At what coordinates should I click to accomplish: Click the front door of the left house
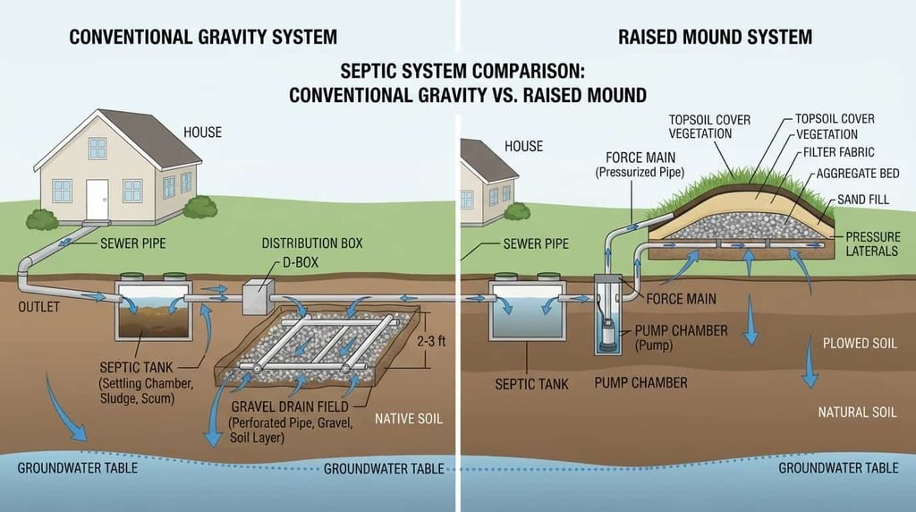coord(97,199)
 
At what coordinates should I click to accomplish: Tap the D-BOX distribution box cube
coord(258,297)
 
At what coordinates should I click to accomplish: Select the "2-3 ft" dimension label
coord(431,341)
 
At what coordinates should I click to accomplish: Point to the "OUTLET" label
coord(38,307)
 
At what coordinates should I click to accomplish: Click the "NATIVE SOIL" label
coord(408,419)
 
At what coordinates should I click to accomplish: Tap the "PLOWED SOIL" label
coord(860,343)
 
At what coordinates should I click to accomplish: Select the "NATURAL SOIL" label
coord(857,412)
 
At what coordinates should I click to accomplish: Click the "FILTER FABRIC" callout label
coord(838,152)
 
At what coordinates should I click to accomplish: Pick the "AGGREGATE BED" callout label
coord(858,174)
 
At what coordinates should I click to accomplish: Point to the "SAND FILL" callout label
coord(863,200)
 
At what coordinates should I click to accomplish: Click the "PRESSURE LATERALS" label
coord(872,243)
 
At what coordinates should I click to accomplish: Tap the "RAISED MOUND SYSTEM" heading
coord(715,37)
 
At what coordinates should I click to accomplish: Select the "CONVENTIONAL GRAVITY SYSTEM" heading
coord(203,37)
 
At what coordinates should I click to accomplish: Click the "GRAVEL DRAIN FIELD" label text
coord(290,406)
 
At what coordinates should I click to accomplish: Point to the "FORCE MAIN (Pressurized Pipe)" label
coord(640,165)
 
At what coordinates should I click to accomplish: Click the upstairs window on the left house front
coord(98,149)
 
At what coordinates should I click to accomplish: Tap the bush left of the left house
coord(41,220)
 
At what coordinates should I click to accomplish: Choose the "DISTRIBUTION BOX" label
coord(312,243)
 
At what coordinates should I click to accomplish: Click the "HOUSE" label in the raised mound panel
coord(523,146)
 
